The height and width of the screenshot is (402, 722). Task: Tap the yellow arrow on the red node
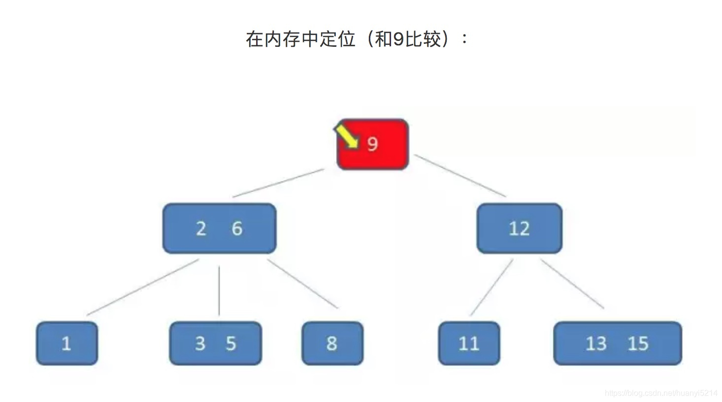(347, 135)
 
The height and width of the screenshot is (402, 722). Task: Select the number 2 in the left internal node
(201, 229)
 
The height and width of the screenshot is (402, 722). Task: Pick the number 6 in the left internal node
(237, 229)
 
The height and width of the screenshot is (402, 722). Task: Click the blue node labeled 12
(519, 229)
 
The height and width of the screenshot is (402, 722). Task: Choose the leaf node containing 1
(66, 343)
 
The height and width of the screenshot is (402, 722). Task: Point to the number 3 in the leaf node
(200, 343)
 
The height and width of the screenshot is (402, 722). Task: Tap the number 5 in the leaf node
(231, 343)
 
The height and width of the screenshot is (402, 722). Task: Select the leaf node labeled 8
(332, 343)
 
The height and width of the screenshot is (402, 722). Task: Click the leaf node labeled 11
(469, 343)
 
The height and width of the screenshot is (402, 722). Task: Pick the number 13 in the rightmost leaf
(596, 343)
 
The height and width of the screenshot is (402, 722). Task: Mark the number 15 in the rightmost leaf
(638, 343)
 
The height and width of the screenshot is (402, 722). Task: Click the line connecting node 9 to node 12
(460, 175)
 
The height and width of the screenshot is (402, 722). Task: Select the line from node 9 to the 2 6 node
(278, 183)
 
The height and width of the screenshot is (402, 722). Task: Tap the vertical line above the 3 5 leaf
(219, 291)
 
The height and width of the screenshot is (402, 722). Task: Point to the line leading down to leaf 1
(143, 287)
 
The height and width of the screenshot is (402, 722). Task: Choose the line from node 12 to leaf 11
(492, 287)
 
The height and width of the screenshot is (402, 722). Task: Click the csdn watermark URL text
(661, 393)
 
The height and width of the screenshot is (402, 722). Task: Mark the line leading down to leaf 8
(303, 284)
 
